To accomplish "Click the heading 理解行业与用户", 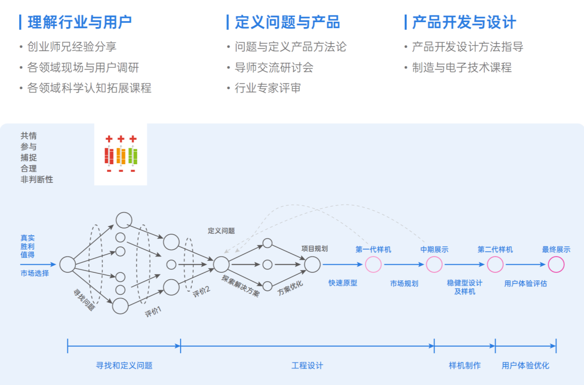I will pos(80,22).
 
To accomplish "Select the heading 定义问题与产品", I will pos(287,22).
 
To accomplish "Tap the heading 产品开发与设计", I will pos(464,22).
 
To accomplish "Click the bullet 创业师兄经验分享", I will pos(71,47).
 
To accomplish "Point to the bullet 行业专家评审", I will pos(268,88).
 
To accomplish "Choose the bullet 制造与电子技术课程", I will pos(461,68).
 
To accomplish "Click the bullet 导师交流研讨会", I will pos(274,68).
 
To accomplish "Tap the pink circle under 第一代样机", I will pos(373,264).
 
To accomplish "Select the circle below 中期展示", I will pos(434,264).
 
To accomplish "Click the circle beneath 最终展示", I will pos(556,264).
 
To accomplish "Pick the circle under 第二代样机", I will pos(495,264).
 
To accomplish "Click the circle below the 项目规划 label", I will pos(312,264).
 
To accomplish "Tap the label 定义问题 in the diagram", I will pos(221,231).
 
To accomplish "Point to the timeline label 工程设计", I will pos(307,366).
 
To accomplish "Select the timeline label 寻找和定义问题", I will pos(124,366).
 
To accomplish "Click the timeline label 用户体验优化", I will pos(526,366).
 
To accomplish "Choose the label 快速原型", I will pos(342,283).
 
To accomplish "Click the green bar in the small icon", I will pos(133,156).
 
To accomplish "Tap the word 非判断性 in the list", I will pos(37,180).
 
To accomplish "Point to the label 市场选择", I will pos(34,273).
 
